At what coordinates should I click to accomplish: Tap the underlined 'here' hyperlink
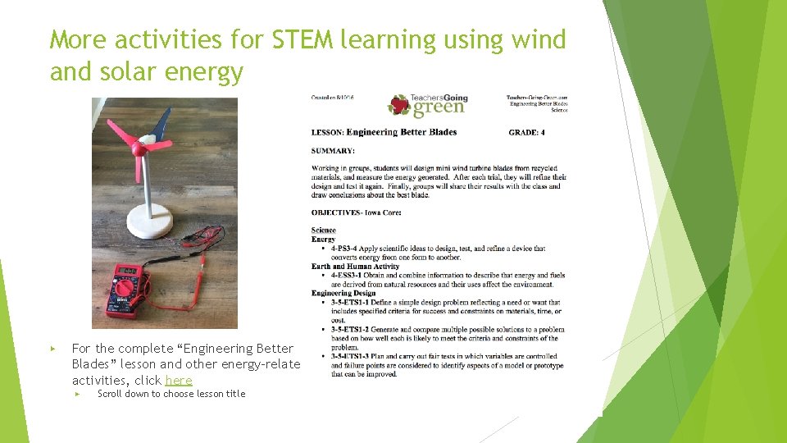coord(179,380)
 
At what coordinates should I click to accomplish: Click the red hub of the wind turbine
coord(139,149)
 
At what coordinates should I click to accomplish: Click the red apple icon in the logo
coord(399,105)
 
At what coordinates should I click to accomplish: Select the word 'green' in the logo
coord(438,109)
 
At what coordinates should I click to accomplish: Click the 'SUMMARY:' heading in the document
coord(333,151)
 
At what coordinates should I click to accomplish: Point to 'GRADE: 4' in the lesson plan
coord(526,132)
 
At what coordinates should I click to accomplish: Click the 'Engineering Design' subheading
coord(343,293)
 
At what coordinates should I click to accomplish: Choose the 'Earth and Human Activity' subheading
coord(355,266)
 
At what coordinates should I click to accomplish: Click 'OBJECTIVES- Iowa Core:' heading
coord(355,212)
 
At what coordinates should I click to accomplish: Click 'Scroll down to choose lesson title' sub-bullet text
coord(171,394)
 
